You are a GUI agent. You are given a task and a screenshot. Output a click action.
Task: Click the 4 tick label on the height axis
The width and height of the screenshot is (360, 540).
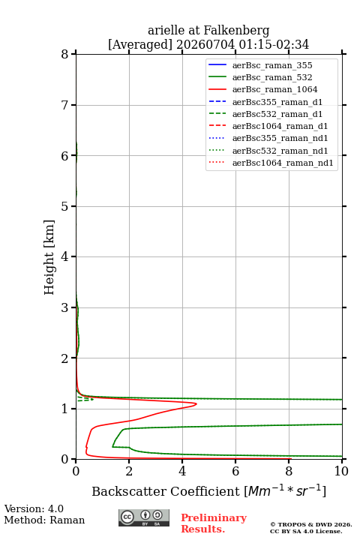[64, 257]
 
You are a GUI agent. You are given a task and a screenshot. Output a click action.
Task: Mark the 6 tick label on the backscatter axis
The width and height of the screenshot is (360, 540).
[235, 471]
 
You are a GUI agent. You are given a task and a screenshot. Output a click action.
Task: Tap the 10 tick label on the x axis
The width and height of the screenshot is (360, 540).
[341, 471]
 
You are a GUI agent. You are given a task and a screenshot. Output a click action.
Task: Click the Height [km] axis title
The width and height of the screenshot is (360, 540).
[49, 257]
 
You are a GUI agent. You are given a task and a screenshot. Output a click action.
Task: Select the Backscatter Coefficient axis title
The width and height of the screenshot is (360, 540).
[208, 491]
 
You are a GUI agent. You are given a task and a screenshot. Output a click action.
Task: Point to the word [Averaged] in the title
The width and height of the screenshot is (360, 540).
[140, 45]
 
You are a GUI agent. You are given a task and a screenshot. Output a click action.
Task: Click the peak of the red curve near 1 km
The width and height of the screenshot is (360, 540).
[196, 403]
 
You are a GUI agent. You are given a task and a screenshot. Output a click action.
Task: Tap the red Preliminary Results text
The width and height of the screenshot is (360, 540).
[214, 523]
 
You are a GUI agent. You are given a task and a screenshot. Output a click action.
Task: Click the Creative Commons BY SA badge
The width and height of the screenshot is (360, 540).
[144, 518]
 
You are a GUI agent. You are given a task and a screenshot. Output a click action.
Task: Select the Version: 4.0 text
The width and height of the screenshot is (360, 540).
[34, 509]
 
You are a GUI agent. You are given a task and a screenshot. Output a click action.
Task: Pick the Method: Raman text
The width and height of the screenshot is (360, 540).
[44, 520]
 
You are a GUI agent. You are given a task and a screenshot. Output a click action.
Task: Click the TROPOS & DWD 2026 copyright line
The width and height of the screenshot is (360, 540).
[311, 525]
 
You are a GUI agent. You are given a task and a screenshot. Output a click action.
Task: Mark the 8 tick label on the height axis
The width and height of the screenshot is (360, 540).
[64, 55]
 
